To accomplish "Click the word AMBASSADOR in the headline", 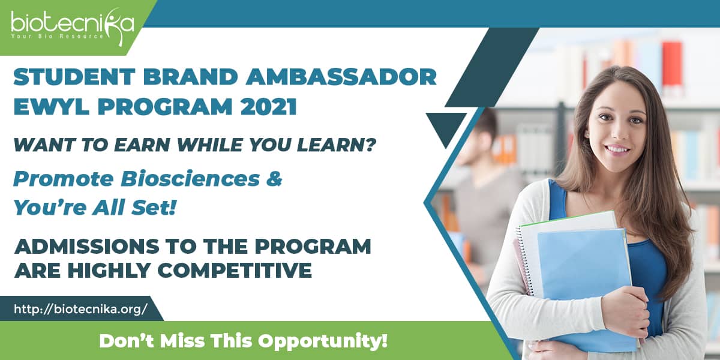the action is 341,77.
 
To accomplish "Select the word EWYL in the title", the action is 52,106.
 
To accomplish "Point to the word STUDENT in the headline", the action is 74,77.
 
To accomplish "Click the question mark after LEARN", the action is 371,145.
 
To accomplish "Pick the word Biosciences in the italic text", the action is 190,179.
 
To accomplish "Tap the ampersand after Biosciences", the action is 274,179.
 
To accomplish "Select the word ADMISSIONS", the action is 87,246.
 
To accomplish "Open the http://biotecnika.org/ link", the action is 80,309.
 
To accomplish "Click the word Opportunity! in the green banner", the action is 323,341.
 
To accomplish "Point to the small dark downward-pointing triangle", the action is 446,127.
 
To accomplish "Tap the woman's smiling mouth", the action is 617,149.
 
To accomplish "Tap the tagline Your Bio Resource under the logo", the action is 57,37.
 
